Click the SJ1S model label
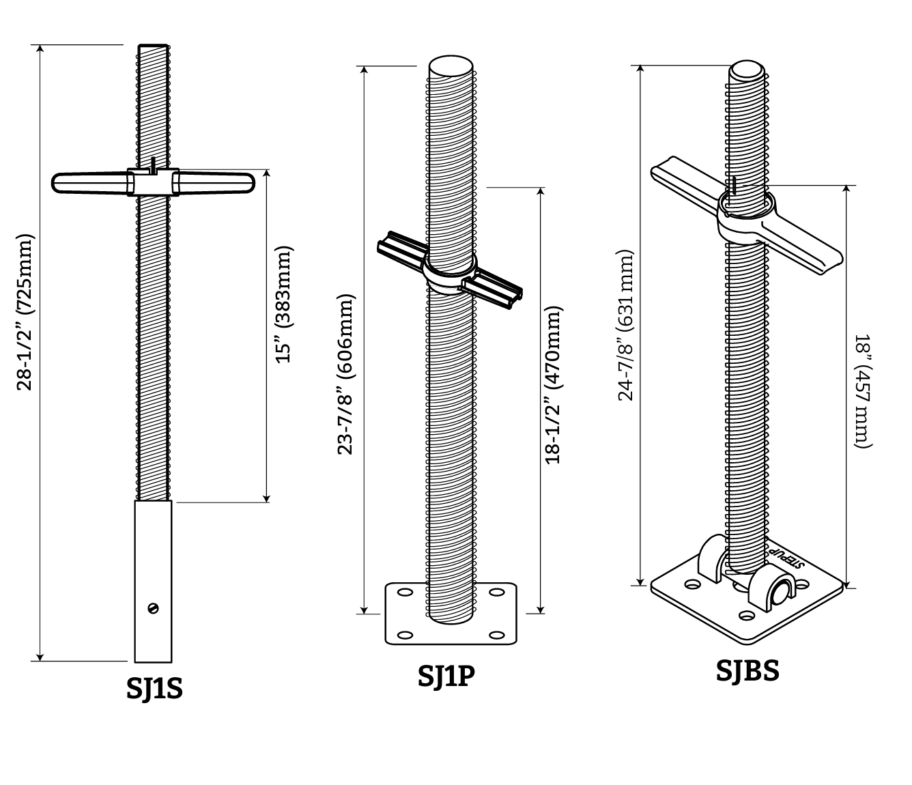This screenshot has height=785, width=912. point(154,688)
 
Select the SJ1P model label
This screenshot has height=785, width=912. point(446,675)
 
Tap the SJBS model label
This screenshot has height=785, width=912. point(747,670)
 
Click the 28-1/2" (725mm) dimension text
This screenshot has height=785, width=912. point(25,312)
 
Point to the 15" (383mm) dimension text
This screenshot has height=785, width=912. point(283,304)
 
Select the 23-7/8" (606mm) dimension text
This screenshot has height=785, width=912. point(347,374)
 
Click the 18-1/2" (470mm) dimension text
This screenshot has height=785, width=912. point(552,386)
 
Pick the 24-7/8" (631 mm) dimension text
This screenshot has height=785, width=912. point(626,326)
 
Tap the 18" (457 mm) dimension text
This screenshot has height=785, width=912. point(863,391)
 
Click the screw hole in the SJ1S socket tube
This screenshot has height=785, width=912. point(153,608)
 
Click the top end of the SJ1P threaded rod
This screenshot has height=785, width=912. point(451,67)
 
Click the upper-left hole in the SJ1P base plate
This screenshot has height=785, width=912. point(404,593)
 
